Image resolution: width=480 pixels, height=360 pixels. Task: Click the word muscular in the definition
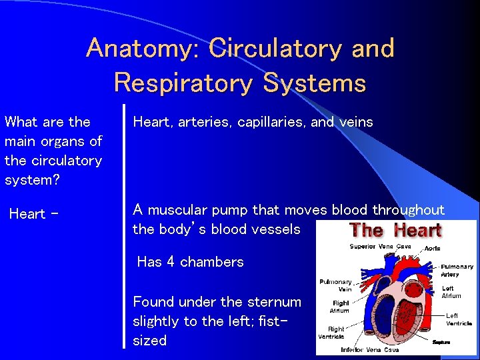point(177,210)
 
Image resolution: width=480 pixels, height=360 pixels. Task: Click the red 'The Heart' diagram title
point(395,231)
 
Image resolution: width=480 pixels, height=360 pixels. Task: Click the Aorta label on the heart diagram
point(433,248)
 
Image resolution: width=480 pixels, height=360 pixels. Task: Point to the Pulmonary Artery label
point(457,270)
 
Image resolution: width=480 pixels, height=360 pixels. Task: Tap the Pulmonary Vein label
point(335,285)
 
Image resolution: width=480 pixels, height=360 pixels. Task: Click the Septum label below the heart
point(441,342)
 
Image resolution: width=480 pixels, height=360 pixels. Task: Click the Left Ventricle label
point(459,320)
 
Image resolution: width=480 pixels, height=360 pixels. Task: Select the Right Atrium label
point(340,307)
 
